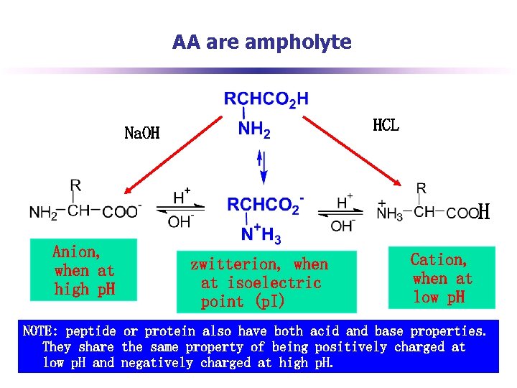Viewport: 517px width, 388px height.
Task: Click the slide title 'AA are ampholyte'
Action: click(x=262, y=42)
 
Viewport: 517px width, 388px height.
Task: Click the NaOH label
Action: click(x=142, y=133)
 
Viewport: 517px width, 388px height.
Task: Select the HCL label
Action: click(x=386, y=125)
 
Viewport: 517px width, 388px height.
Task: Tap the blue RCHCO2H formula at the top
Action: click(x=266, y=99)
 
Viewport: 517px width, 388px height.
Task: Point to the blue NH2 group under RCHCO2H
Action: click(x=254, y=130)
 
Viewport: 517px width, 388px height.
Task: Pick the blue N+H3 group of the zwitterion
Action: click(x=261, y=233)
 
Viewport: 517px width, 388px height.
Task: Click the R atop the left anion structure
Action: click(x=75, y=185)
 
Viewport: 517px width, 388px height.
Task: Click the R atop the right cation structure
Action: click(x=421, y=188)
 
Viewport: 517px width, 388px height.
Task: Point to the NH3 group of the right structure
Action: click(x=390, y=213)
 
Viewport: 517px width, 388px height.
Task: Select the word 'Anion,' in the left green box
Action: click(x=76, y=252)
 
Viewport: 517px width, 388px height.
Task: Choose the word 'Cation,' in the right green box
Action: click(x=438, y=259)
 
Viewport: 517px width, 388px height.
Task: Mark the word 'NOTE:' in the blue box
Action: click(x=42, y=331)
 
